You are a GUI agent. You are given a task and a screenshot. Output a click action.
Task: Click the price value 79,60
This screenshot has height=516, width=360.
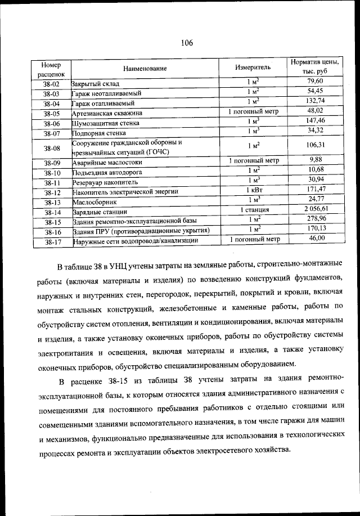point(315,82)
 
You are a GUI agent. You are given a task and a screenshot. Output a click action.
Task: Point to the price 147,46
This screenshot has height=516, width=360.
point(315,120)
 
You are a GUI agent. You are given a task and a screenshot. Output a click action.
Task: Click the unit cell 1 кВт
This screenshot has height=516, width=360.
point(254,191)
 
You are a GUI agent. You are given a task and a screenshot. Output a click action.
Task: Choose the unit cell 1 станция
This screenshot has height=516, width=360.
point(254,210)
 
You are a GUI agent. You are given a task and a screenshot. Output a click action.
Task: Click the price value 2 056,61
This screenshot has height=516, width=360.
point(316,209)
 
